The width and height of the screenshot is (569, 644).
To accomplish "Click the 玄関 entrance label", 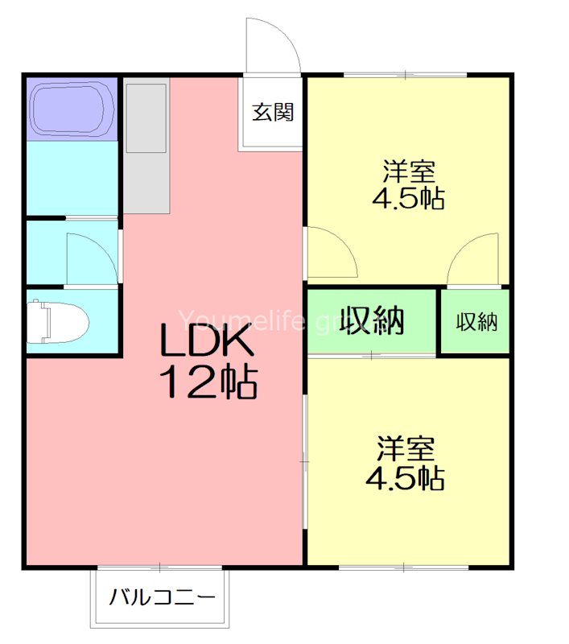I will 273,112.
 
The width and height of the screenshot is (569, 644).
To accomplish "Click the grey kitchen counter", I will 146,145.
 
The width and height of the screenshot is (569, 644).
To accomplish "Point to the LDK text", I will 208,343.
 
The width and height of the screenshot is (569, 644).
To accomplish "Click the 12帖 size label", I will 208,382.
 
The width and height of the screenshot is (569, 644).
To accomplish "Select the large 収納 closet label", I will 371,320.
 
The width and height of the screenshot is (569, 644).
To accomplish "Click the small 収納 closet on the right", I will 476,322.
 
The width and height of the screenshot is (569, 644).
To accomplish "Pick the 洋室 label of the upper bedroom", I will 409,171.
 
